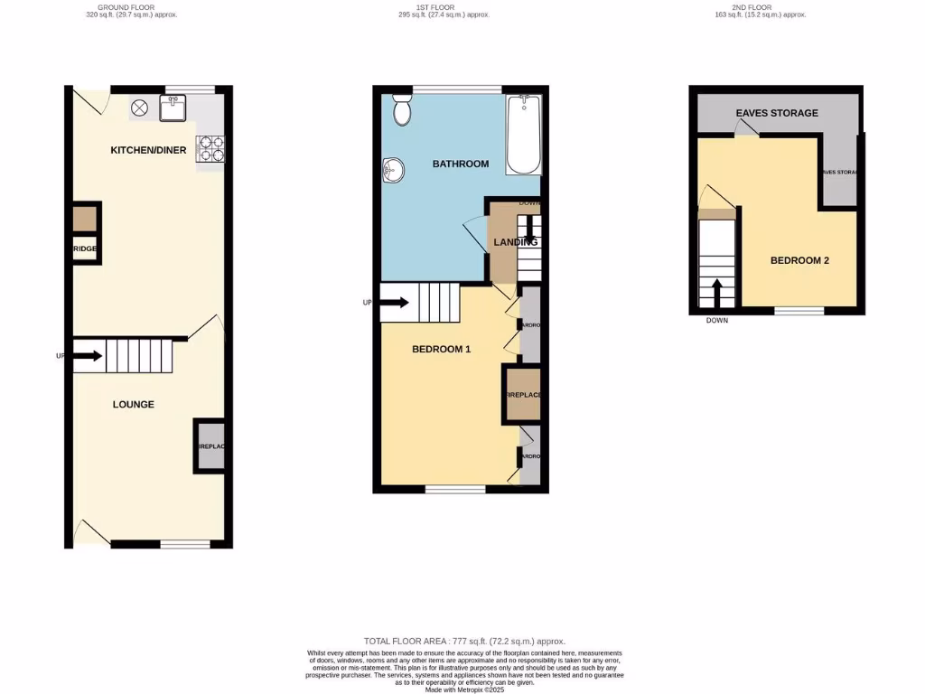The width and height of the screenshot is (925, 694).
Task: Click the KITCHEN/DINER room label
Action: tap(148, 150)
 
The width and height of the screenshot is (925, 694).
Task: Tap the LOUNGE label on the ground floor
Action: tap(133, 404)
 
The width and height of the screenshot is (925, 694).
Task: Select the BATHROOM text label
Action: tap(461, 164)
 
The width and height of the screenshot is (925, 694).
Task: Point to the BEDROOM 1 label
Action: tap(442, 349)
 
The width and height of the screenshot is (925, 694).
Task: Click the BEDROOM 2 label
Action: tap(799, 260)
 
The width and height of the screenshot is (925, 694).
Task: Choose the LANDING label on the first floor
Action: tap(515, 241)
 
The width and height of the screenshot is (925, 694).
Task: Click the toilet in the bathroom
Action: tap(402, 111)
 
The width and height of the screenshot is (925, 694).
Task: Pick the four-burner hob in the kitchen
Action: tap(210, 148)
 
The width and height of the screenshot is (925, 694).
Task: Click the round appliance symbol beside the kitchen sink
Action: tap(140, 108)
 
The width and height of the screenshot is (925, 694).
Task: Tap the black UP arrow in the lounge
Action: tap(87, 356)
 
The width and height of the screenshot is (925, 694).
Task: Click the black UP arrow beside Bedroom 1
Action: tap(395, 303)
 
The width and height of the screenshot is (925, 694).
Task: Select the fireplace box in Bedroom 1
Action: tap(523, 396)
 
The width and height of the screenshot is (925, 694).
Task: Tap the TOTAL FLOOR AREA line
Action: tap(462, 640)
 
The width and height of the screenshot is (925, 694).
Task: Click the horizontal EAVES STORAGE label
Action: tap(777, 113)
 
